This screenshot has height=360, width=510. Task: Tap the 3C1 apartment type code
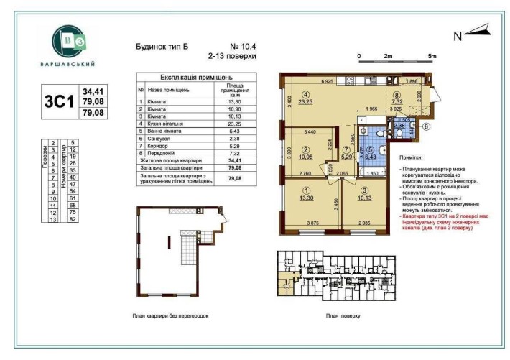tap(60, 101)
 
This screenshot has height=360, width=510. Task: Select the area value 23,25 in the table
tap(233, 124)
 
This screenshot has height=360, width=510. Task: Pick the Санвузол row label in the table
tap(161, 141)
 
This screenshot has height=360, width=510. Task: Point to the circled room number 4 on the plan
tap(305, 94)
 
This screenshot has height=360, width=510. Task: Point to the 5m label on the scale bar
tap(432, 55)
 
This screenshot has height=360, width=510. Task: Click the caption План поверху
tap(342, 315)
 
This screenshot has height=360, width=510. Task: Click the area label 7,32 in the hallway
tap(398, 103)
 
